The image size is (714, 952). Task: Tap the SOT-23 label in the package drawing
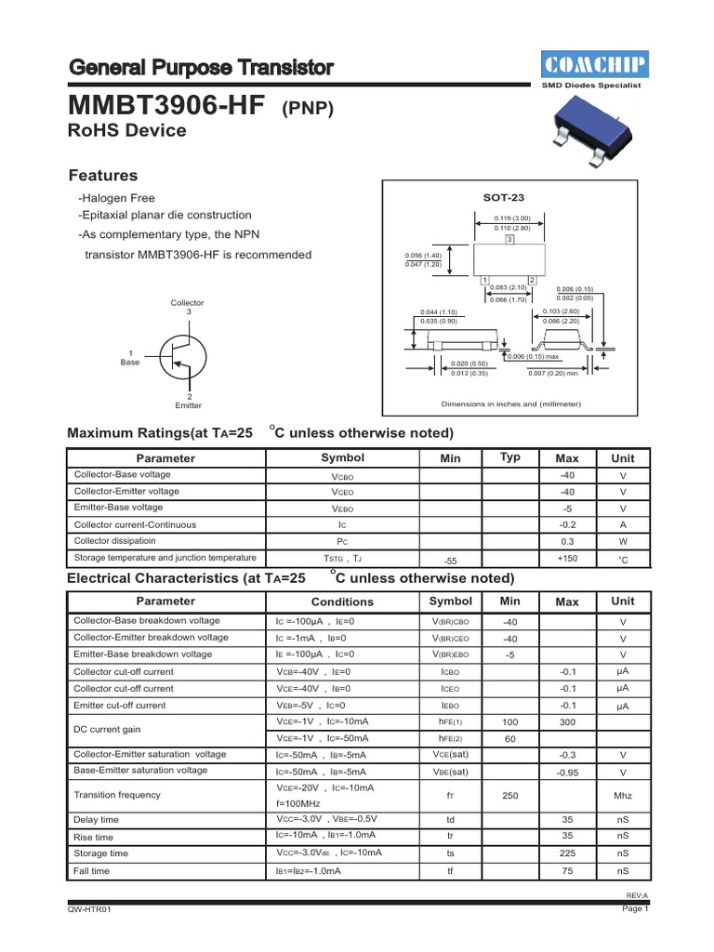point(503,198)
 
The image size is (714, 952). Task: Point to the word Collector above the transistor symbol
point(187,303)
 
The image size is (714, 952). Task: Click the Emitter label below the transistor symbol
point(188,405)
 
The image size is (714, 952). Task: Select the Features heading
point(103,176)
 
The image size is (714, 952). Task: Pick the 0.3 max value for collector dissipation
point(567,540)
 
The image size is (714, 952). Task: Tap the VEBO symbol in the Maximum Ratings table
point(342,509)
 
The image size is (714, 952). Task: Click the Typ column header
point(510,457)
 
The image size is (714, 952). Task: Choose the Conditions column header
point(342,602)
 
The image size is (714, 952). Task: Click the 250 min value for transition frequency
point(509,795)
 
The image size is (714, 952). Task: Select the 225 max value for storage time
point(567,853)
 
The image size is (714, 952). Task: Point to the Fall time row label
point(91,871)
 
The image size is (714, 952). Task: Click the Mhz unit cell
point(622,796)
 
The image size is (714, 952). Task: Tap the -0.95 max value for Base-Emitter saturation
point(567,773)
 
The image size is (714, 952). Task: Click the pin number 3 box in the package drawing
point(509,240)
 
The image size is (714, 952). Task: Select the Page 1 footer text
point(634,909)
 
